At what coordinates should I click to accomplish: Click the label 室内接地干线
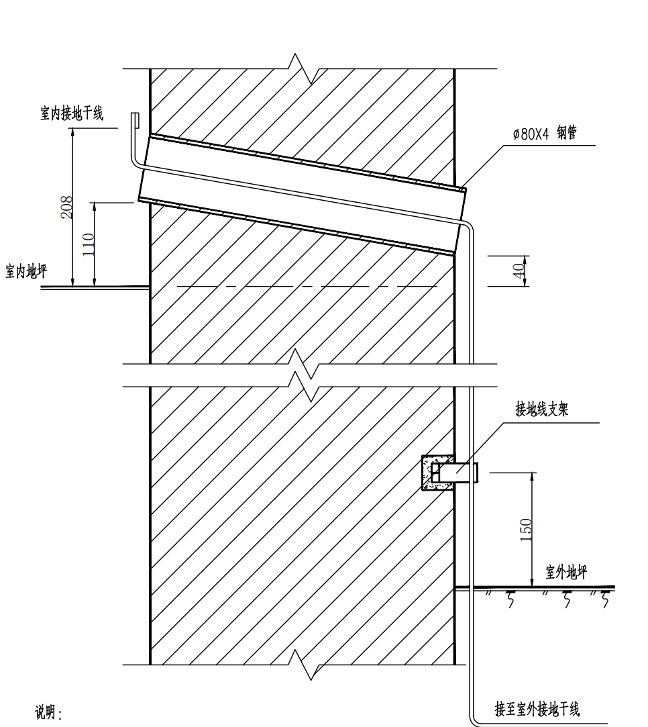click(x=72, y=114)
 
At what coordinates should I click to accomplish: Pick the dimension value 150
click(x=526, y=528)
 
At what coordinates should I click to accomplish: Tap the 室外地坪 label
click(x=567, y=573)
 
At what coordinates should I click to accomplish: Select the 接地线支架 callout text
click(x=542, y=411)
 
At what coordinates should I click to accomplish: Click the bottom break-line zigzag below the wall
click(x=306, y=665)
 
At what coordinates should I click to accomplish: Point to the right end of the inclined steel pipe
click(x=462, y=222)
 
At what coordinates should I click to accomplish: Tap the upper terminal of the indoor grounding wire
click(x=135, y=119)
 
